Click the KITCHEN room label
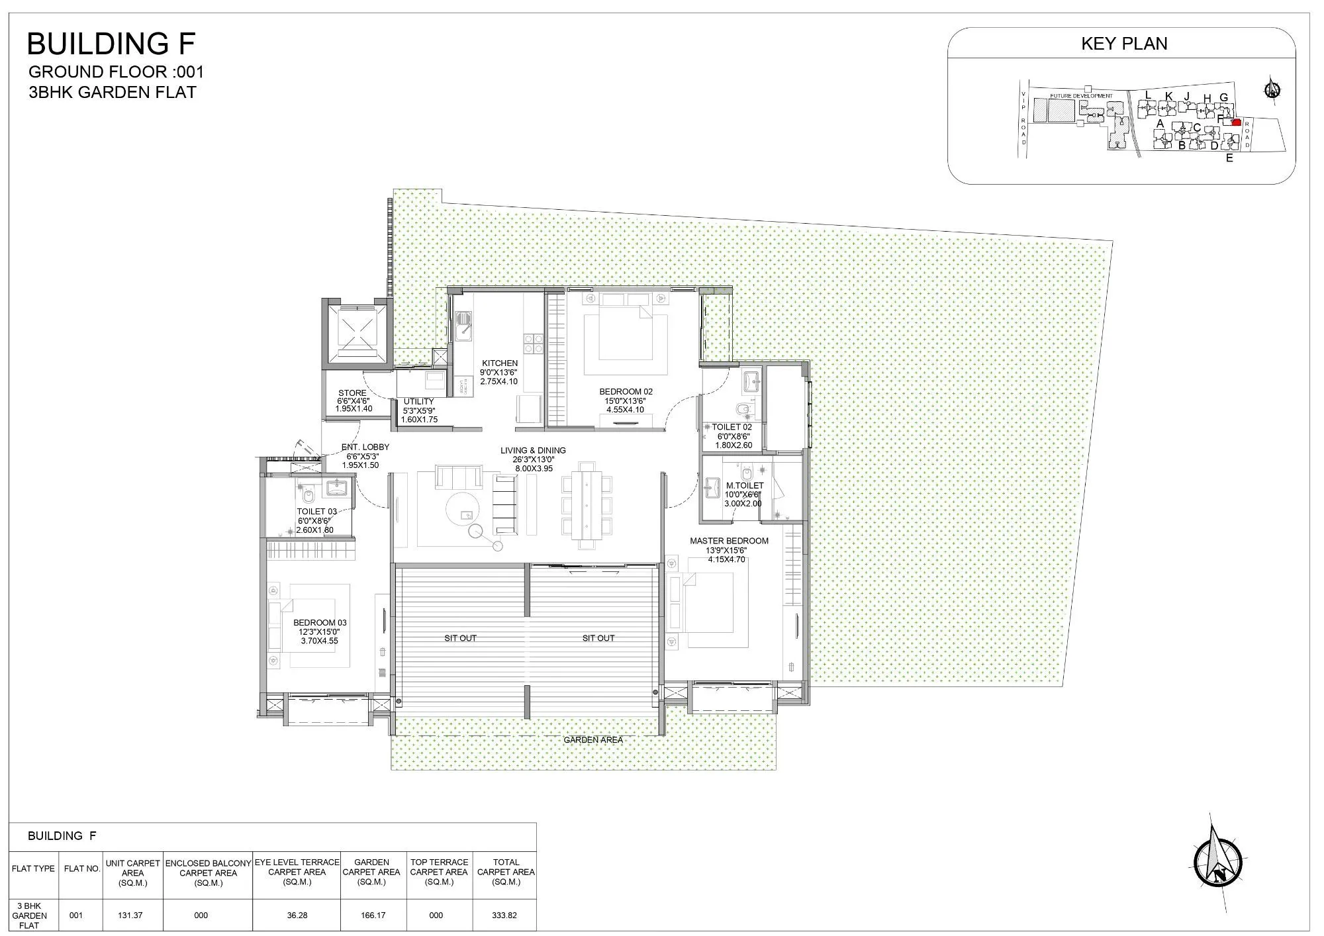coord(500,363)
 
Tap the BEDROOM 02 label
coord(626,392)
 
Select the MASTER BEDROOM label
coord(729,541)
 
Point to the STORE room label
coord(352,393)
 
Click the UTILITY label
coord(418,402)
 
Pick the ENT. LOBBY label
coord(365,447)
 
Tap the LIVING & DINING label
coord(533,451)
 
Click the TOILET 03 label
coord(316,512)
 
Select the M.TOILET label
coord(744,486)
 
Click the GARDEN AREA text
coord(592,740)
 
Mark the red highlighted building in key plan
coord(1236,122)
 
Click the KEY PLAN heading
coord(1124,44)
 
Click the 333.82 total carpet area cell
coord(504,915)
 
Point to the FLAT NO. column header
coord(82,869)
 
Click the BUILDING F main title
coord(111,44)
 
